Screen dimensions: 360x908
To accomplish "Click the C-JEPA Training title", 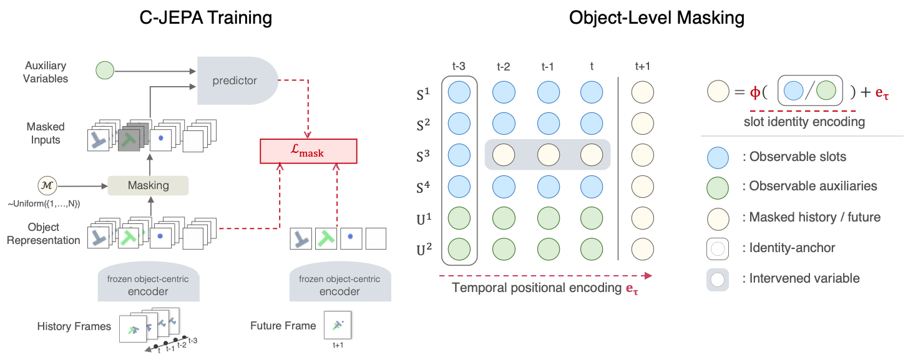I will point(205,18).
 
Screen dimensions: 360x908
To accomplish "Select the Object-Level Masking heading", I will point(657,18).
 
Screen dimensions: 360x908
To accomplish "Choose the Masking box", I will point(148,185).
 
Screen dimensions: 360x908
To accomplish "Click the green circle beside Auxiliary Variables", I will point(105,71).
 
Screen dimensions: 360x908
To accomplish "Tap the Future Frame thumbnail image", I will point(338,325).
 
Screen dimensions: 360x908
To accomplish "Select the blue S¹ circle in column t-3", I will point(459,92).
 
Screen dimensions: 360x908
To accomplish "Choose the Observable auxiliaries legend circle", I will point(718,186).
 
